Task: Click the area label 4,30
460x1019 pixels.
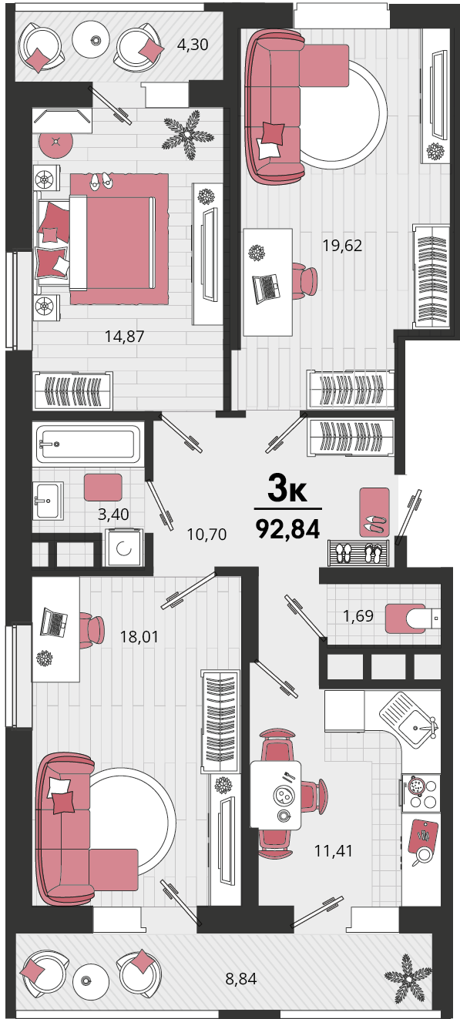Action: pyautogui.click(x=193, y=45)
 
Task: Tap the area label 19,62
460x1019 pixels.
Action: pyautogui.click(x=342, y=246)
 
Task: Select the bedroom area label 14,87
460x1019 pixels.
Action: pyautogui.click(x=124, y=336)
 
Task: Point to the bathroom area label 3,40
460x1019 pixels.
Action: pyautogui.click(x=113, y=514)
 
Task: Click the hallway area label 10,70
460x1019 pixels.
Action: pyautogui.click(x=206, y=534)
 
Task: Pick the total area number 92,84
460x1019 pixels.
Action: pyautogui.click(x=288, y=528)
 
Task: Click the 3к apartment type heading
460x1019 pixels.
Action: pyautogui.click(x=287, y=488)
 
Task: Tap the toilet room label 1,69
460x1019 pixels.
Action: pyautogui.click(x=358, y=616)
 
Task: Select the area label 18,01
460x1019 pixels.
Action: pyautogui.click(x=139, y=636)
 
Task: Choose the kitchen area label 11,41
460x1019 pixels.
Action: pyautogui.click(x=334, y=850)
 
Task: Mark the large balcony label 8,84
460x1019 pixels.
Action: pyautogui.click(x=241, y=978)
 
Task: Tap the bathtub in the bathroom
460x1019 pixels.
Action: pyautogui.click(x=89, y=444)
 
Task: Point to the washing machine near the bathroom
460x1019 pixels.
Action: pyautogui.click(x=124, y=548)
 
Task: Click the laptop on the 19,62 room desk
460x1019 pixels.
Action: pyautogui.click(x=266, y=288)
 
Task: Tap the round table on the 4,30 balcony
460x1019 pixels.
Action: pyautogui.click(x=95, y=40)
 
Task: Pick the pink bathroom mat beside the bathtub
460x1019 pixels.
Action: pyautogui.click(x=103, y=488)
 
